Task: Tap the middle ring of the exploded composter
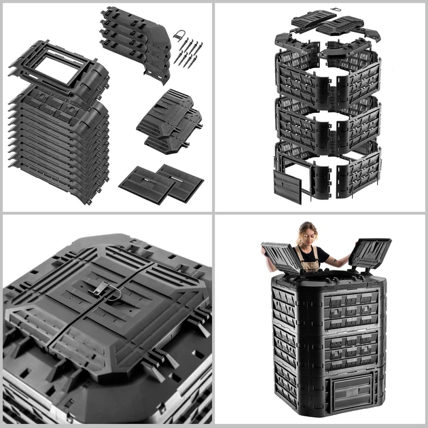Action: (326, 119)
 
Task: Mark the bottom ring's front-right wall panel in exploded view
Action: (357, 173)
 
